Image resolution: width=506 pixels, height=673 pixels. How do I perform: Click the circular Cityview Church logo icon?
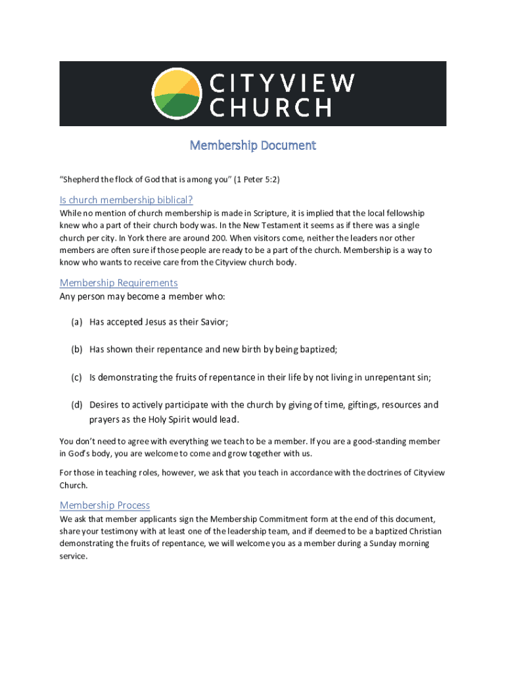176,94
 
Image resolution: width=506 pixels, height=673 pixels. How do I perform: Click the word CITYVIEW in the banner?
283,83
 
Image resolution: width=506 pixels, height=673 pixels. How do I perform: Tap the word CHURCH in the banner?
270,107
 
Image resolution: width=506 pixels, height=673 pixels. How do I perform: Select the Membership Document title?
253,145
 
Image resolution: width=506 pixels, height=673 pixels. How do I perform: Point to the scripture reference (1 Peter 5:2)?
257,179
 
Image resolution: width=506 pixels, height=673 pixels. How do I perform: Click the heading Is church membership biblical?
126,200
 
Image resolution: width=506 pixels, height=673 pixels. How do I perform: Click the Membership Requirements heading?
118,283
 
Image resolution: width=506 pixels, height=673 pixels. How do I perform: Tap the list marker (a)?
77,322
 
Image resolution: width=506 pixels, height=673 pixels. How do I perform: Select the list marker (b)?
77,350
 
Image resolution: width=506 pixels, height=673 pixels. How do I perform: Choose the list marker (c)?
77,377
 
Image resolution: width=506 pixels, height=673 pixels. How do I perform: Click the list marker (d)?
77,405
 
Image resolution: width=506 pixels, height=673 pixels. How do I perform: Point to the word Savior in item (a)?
212,322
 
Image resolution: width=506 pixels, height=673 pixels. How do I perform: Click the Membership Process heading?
104,505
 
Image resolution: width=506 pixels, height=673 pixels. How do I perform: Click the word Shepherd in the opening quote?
81,179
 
